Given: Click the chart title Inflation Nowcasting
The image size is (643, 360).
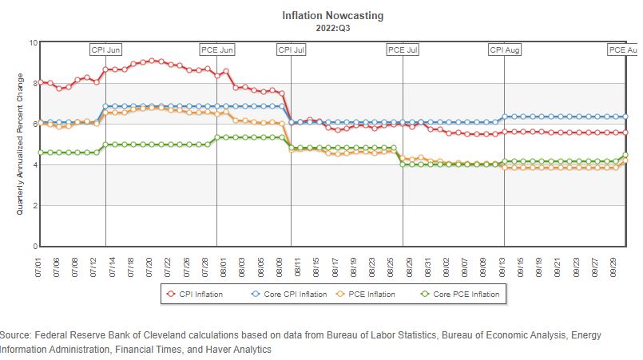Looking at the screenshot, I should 321,15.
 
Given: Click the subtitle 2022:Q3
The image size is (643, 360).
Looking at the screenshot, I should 321,27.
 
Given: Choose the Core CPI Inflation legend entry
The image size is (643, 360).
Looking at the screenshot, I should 288,295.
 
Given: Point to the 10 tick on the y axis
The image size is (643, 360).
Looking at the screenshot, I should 33,42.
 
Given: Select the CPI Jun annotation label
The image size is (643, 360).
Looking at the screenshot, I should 105,49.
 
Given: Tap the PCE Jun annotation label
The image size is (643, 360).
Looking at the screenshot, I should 216,49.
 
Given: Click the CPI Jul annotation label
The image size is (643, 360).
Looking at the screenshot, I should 291,49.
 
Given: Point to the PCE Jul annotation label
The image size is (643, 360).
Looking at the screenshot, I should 403,49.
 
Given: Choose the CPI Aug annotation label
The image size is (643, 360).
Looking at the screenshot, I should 504,49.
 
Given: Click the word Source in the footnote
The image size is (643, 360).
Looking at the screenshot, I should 17,335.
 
